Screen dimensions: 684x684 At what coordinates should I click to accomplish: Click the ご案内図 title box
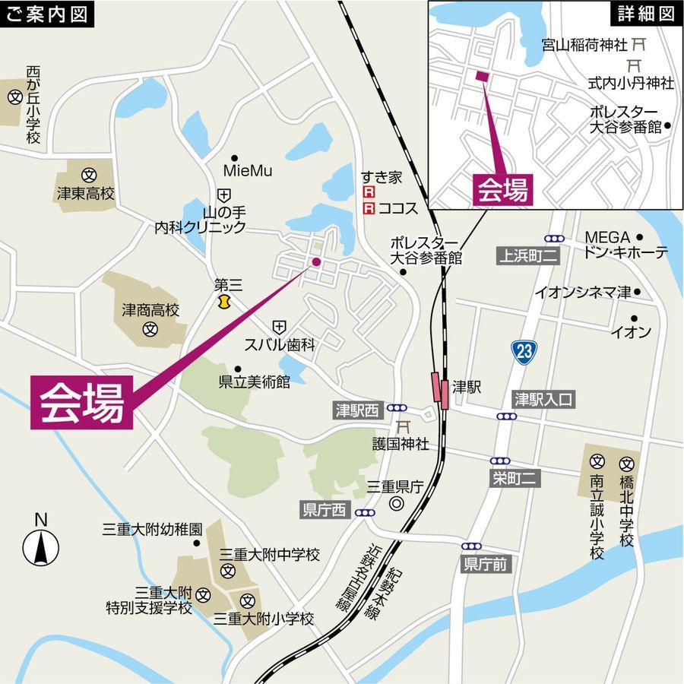click(x=47, y=14)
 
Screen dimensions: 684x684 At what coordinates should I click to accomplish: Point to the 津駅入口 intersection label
click(x=543, y=399)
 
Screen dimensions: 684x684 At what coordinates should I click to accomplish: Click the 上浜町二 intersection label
click(x=528, y=257)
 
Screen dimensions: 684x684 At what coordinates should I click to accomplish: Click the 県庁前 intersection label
click(x=487, y=564)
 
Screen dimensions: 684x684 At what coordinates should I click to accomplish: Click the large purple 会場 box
click(x=81, y=402)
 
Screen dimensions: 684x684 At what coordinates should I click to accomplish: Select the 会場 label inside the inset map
click(x=502, y=189)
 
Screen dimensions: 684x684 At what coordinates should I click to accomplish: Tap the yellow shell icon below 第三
click(x=223, y=302)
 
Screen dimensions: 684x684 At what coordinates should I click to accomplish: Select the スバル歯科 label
click(x=279, y=344)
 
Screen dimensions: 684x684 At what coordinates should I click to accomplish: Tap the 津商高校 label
click(x=150, y=310)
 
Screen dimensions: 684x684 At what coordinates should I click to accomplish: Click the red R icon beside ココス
click(x=369, y=207)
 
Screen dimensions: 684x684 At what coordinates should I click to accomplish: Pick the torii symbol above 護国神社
click(x=404, y=426)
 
